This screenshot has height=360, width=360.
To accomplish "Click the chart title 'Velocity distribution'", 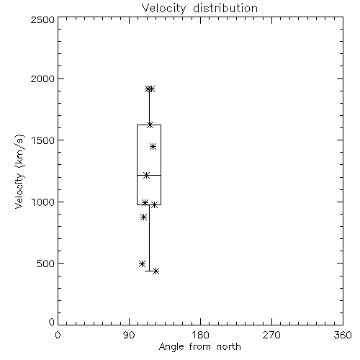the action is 199,8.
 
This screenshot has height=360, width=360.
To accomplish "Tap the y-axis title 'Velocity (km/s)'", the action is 19,171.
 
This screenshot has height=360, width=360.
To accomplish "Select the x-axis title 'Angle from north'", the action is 199,347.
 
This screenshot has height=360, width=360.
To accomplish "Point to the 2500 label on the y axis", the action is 42,19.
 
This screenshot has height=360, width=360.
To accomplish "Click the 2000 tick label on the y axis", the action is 42,78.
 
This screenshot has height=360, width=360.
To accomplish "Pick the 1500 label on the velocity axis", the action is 43,140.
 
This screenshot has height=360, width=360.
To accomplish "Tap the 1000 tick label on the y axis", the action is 43,202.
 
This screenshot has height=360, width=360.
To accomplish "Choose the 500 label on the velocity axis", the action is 46,264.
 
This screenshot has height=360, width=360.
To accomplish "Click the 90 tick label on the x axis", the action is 129,335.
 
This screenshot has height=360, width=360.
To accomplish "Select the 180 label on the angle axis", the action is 200,335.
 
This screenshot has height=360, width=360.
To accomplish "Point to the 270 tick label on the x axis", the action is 271,335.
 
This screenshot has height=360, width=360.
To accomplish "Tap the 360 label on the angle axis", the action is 343,335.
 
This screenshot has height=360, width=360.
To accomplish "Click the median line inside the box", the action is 149,176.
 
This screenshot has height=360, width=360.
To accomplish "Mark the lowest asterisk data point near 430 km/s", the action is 156,271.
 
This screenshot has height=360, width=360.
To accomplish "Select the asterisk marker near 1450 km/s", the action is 153,146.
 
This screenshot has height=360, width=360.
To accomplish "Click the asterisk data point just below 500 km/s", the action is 142,264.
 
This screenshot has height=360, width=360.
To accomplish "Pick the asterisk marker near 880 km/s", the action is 143,217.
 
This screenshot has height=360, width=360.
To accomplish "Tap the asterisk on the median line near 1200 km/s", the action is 146,175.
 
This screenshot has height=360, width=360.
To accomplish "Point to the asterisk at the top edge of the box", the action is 150,125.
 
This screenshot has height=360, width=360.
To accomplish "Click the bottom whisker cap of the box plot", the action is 149,271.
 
